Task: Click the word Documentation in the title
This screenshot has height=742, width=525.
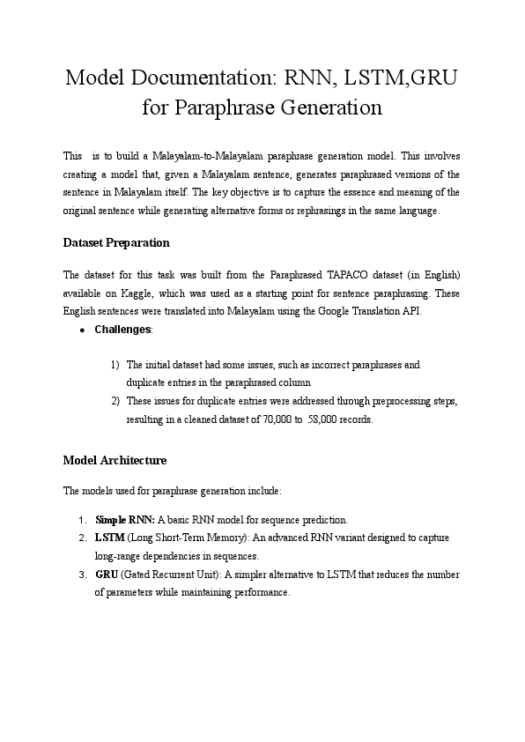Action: pos(200,78)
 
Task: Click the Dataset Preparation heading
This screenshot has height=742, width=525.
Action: pos(116,242)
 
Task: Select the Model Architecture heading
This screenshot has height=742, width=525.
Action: pos(115,460)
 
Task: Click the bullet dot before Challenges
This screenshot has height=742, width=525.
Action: pos(81,330)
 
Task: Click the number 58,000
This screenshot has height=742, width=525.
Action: pos(329,419)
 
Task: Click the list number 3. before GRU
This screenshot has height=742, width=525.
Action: pos(82,575)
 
